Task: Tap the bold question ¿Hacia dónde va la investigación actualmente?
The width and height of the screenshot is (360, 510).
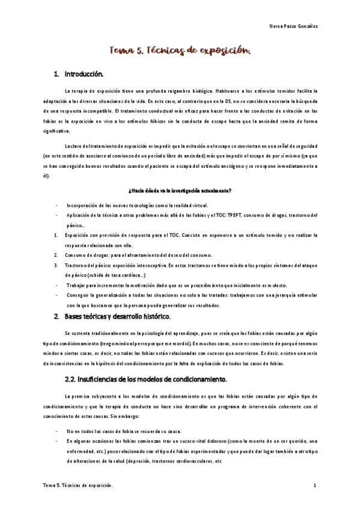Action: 180,191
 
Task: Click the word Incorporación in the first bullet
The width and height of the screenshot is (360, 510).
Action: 82,204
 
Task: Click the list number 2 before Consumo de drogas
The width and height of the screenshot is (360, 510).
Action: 55,255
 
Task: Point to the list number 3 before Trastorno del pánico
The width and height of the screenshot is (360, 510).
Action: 55,265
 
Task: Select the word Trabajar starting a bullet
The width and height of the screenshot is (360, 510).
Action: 78,285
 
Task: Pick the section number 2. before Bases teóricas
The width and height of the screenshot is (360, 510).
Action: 56,316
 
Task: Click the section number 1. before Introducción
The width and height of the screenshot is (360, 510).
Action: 56,75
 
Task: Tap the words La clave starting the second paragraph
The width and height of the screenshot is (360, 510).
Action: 74,147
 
